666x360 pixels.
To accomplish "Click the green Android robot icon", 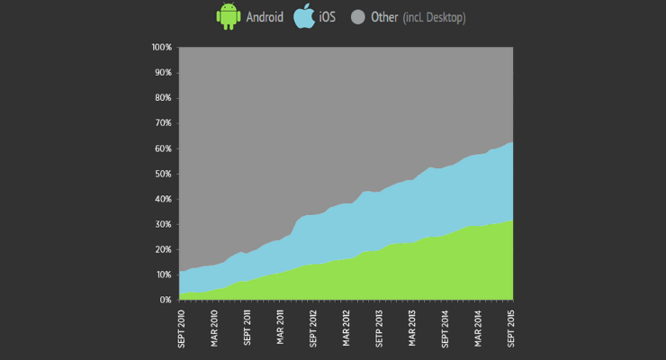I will pyautogui.click(x=229, y=16).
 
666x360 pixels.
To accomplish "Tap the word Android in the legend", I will pyautogui.click(x=265, y=17).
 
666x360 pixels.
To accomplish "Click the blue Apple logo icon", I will pyautogui.click(x=304, y=16).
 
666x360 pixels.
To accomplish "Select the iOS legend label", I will pyautogui.click(x=328, y=17).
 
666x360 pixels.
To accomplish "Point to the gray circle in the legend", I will pyautogui.click(x=358, y=17).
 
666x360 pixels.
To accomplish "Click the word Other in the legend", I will pyautogui.click(x=385, y=17).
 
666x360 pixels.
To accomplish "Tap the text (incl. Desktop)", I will pyautogui.click(x=434, y=17).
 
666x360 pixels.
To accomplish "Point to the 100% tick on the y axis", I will pyautogui.click(x=162, y=47).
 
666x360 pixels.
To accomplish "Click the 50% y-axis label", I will pyautogui.click(x=164, y=174).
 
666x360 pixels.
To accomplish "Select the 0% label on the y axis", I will pyautogui.click(x=166, y=300).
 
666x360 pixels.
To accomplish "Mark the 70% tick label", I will pyautogui.click(x=164, y=123).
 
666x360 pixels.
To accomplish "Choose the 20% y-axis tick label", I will pyautogui.click(x=164, y=249).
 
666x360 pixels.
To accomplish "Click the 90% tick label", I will pyautogui.click(x=164, y=72).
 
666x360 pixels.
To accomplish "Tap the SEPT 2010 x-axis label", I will pyautogui.click(x=182, y=328).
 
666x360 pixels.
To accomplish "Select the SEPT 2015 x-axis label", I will pyautogui.click(x=511, y=328).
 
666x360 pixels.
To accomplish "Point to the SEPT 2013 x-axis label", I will pyautogui.click(x=379, y=328).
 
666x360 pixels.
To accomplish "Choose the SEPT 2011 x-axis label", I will pyautogui.click(x=247, y=328).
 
